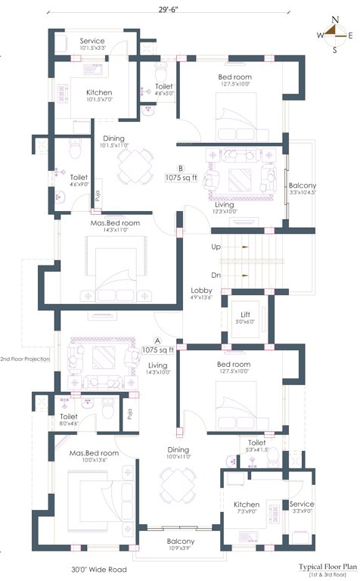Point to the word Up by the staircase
pyautogui.click(x=216, y=247)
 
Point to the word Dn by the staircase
pyautogui.click(x=216, y=275)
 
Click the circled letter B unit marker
pyautogui.click(x=180, y=169)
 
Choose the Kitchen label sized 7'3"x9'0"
pyautogui.click(x=247, y=505)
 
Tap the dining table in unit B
pyautogui.click(x=135, y=163)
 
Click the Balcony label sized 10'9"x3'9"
pyautogui.click(x=181, y=542)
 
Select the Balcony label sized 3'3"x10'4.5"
pyautogui.click(x=302, y=185)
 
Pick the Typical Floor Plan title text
pyautogui.click(x=327, y=565)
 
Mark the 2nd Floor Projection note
pyautogui.click(x=25, y=359)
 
